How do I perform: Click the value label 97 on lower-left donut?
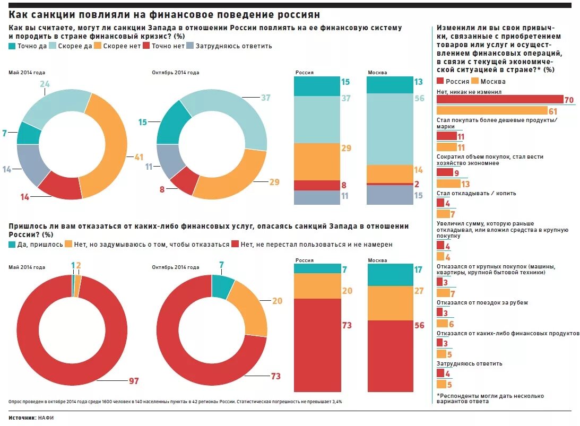click(134, 381)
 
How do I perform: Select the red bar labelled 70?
click(499, 99)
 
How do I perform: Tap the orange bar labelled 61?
click(491, 111)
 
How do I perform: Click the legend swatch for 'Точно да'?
click(12, 46)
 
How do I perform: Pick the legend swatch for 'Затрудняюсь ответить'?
click(191, 46)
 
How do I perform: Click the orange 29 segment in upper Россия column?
click(317, 161)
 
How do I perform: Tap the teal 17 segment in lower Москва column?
click(389, 274)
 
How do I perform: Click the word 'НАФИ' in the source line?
click(46, 418)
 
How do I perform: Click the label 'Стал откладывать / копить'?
click(476, 193)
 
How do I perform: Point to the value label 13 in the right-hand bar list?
click(465, 184)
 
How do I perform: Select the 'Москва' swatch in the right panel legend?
click(474, 81)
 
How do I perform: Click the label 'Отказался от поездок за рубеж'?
click(482, 302)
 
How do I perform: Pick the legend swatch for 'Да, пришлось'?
click(12, 245)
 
